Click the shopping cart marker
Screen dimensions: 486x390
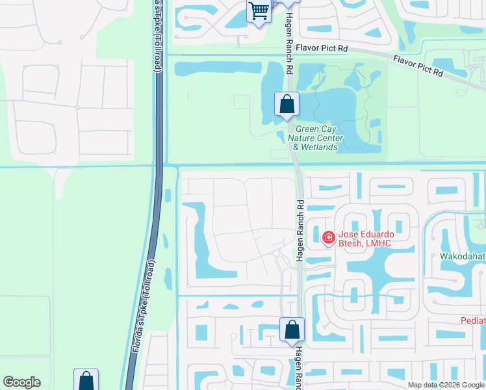point(259,12)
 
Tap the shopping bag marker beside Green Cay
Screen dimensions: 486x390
point(287,104)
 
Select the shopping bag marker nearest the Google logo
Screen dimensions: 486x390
point(86,381)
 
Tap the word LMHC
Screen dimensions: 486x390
point(379,244)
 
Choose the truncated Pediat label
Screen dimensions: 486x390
point(473,320)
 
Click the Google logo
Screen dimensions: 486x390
point(21,382)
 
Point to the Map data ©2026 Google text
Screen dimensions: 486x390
point(446,385)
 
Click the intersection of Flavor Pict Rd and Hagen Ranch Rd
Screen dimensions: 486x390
point(287,48)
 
